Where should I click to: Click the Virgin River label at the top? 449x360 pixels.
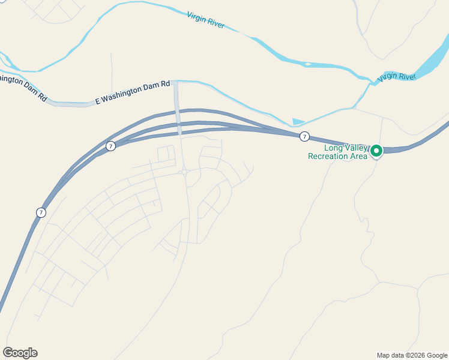pos(206,20)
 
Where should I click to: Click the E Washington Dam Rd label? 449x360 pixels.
pos(133,93)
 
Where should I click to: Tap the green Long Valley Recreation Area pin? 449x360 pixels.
pos(376,151)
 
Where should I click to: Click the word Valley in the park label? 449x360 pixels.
pos(354,148)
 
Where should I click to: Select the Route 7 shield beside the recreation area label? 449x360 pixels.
pos(305,137)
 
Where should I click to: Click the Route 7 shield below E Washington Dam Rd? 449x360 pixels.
pos(110,146)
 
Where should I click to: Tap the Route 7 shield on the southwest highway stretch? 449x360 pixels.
pos(40,212)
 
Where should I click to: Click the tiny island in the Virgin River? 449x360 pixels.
pos(308,64)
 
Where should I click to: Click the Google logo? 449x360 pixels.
pos(20,352)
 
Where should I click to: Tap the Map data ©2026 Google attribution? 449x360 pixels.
pos(412,355)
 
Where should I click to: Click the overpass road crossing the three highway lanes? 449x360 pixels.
pos(178,117)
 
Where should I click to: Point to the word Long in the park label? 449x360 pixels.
pos(332,148)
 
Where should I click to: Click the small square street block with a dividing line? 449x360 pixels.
pos(166,154)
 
